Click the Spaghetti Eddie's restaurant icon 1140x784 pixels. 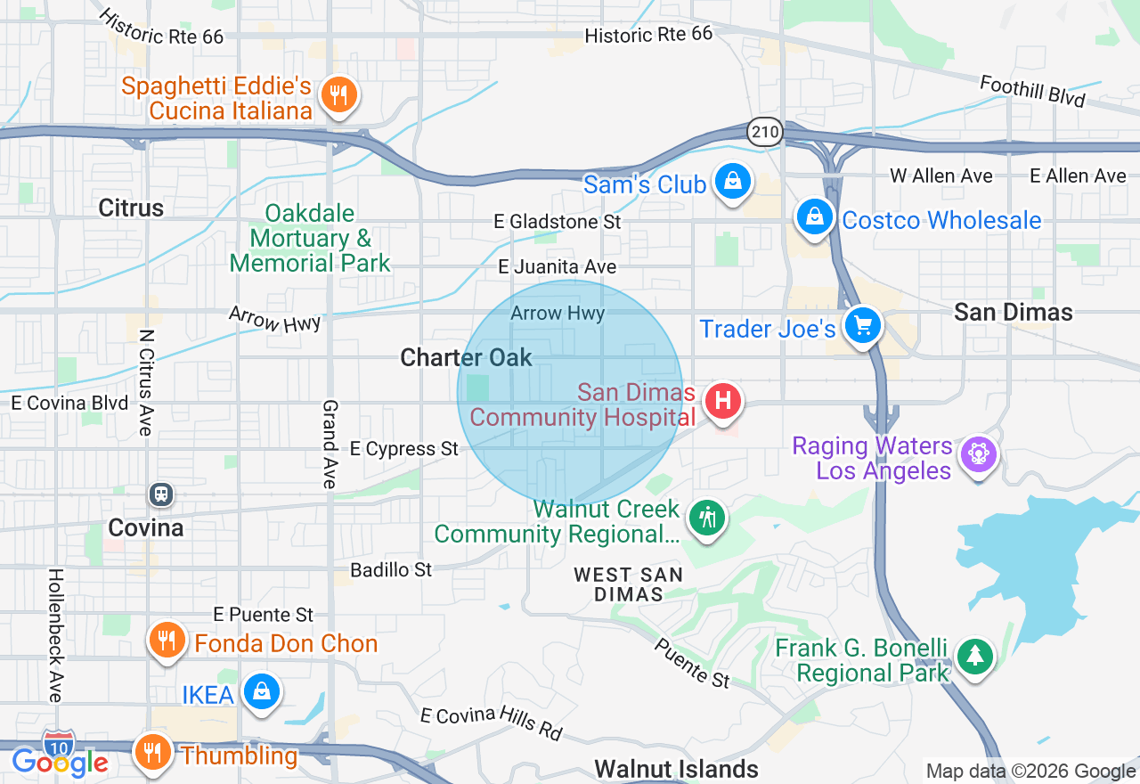click(x=338, y=94)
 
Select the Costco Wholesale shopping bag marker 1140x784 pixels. click(x=814, y=216)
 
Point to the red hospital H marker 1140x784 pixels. click(x=723, y=400)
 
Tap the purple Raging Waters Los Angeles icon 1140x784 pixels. click(x=978, y=454)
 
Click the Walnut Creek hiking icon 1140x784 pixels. click(x=708, y=517)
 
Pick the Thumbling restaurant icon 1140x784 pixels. click(x=152, y=752)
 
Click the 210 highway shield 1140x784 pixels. click(x=764, y=133)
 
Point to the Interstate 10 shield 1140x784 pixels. click(x=59, y=741)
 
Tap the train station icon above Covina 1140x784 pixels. click(x=161, y=494)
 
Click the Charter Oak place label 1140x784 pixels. click(x=466, y=357)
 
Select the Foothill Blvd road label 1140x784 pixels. click(x=1032, y=91)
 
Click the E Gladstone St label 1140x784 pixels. click(x=558, y=221)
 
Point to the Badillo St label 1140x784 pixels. click(x=391, y=569)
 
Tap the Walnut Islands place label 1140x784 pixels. click(x=676, y=768)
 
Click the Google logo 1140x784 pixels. click(x=60, y=763)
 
